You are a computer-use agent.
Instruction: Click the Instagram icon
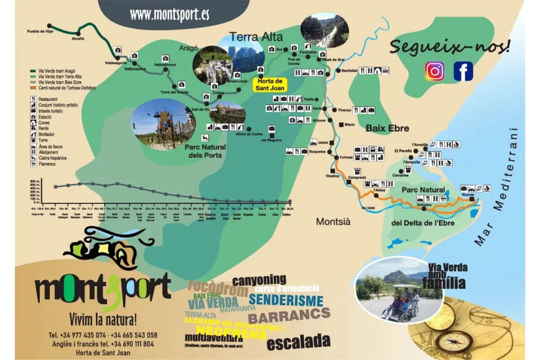click(435, 71)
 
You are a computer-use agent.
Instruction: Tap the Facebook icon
click(463, 71)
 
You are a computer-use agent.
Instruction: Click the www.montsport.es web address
click(169, 14)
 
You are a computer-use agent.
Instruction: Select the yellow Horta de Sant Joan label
click(271, 84)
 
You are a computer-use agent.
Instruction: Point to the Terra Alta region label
click(256, 37)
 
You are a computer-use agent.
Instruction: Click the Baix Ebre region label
click(388, 128)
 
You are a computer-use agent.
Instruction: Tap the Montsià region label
click(333, 222)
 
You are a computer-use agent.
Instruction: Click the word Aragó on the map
click(188, 47)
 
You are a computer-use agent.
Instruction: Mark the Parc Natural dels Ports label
click(205, 151)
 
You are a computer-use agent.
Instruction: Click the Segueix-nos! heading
click(450, 46)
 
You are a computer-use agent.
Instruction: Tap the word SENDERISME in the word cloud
click(285, 301)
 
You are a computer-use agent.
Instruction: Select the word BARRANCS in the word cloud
click(289, 316)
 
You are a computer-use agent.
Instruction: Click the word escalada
click(298, 342)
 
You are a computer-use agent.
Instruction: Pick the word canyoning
click(259, 280)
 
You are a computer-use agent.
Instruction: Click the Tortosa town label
click(346, 158)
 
